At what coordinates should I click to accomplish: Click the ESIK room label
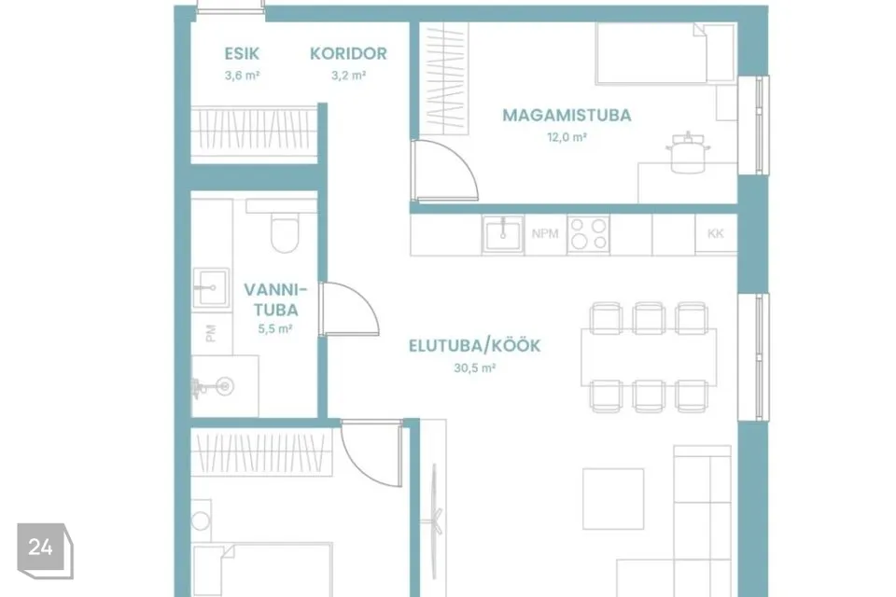[x=242, y=54]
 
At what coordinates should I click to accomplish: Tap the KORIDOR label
[x=348, y=54]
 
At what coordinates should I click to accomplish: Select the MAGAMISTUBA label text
[x=567, y=116]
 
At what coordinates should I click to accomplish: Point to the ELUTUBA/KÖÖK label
[x=474, y=346]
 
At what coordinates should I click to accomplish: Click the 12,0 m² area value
[x=567, y=137]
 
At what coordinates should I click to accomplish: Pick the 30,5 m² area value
[x=474, y=368]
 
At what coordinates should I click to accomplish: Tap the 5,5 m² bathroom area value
[x=275, y=329]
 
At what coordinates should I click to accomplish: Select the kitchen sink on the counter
[x=502, y=234]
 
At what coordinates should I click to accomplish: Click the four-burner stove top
[x=589, y=234]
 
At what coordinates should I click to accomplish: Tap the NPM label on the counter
[x=545, y=233]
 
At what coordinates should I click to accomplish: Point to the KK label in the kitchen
[x=716, y=233]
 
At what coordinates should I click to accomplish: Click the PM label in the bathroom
[x=211, y=334]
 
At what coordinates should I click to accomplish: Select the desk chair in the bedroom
[x=688, y=152]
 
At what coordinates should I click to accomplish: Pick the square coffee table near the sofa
[x=613, y=499]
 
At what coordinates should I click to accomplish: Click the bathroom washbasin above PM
[x=211, y=288]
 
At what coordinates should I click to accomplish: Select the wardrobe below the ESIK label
[x=254, y=135]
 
